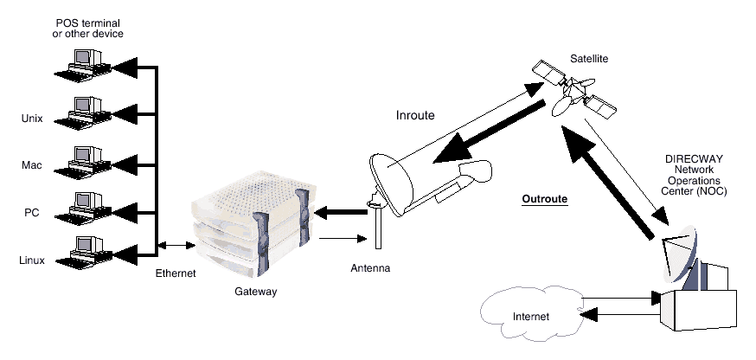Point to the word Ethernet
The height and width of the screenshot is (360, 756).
click(x=176, y=273)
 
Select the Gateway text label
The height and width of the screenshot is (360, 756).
click(x=255, y=292)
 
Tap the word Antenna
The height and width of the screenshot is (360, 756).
click(x=370, y=268)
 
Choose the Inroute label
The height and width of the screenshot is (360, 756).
click(x=414, y=114)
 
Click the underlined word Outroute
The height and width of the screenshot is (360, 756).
click(x=544, y=199)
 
